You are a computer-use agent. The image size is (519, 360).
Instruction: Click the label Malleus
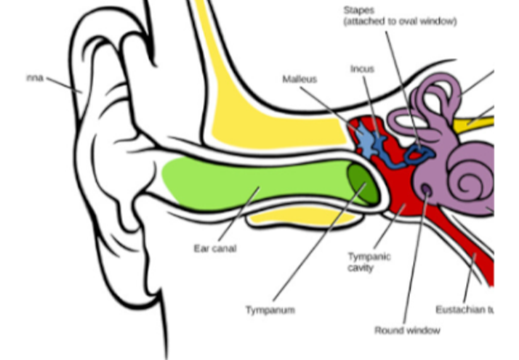299,79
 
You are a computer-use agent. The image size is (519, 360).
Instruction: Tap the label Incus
361,69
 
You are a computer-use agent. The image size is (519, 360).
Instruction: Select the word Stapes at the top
359,11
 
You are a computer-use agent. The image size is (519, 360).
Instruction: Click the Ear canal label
214,248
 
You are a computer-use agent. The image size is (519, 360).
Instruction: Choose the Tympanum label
270,310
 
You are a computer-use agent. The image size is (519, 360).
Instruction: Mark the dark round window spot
426,189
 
